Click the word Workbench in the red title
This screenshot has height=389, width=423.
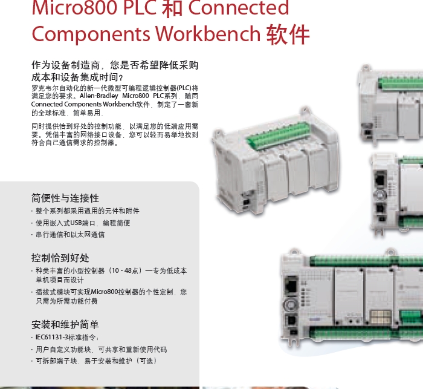[208, 34]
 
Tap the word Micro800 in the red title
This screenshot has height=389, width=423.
[75, 8]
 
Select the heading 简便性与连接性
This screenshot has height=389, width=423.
[65, 198]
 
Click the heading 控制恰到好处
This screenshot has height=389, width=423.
[60, 258]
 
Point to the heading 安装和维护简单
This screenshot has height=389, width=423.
[65, 325]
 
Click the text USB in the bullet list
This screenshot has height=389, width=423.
[76, 223]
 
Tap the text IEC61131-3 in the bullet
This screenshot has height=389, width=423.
[52, 337]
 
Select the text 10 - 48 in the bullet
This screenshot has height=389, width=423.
[121, 270]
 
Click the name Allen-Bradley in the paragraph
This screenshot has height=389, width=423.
[98, 96]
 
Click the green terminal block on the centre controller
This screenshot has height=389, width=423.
[278, 136]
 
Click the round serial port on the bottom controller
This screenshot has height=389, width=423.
[289, 304]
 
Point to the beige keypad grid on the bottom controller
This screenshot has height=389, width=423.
[380, 316]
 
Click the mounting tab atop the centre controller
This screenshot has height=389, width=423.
[305, 110]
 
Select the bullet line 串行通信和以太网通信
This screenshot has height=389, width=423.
[70, 235]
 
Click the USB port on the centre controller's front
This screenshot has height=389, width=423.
[246, 202]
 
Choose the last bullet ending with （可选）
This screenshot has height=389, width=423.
[95, 361]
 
